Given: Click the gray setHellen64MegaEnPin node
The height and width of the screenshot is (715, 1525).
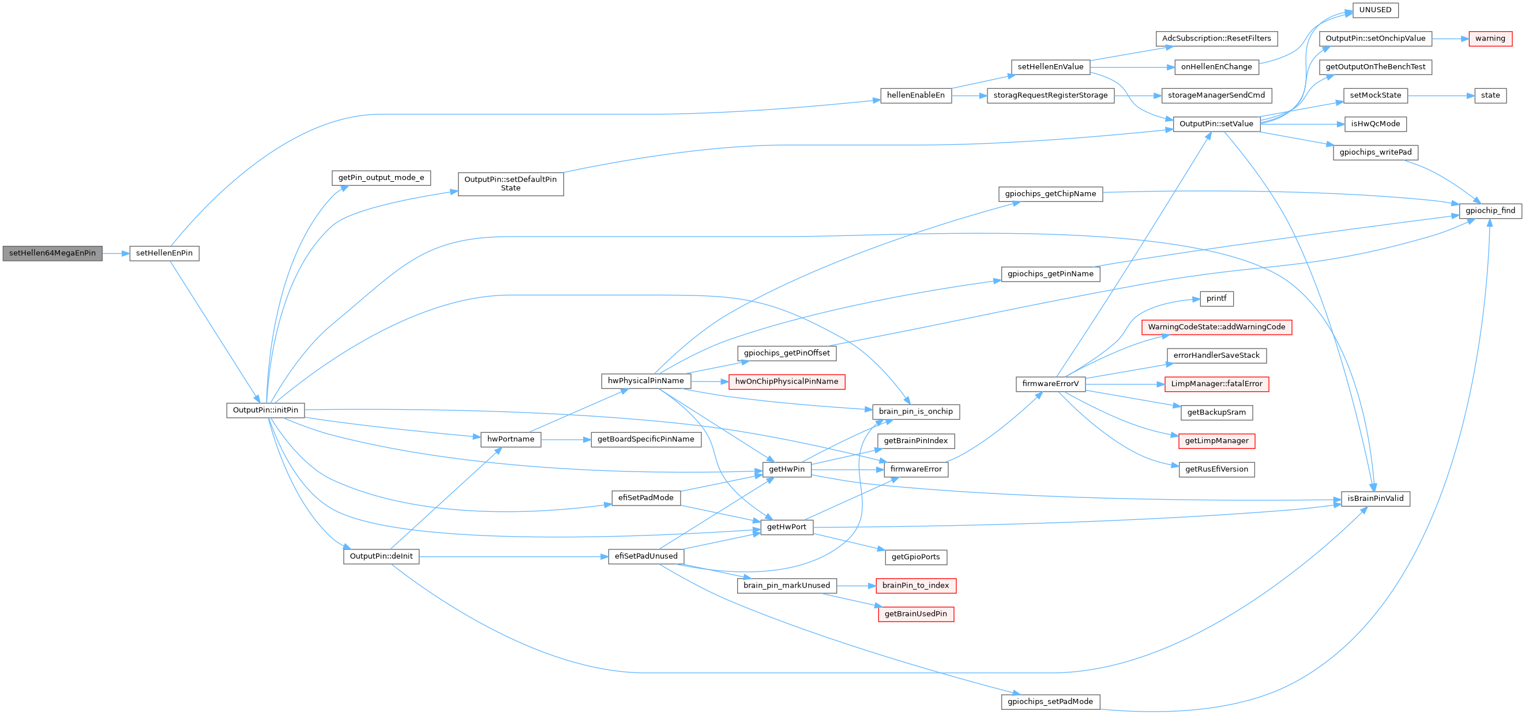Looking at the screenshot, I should click(52, 253).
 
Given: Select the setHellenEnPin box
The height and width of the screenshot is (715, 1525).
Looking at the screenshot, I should click(164, 253).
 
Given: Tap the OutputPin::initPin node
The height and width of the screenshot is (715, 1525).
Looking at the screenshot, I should click(265, 410).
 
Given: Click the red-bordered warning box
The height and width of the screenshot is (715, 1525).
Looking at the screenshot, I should click(1489, 39).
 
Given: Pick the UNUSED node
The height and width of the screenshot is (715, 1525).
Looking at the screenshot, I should click(1374, 10).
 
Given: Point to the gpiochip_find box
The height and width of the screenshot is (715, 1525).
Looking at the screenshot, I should click(1489, 211).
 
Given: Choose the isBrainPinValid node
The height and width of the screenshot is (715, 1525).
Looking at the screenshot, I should click(1374, 499).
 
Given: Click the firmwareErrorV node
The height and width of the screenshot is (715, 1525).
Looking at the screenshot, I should click(1050, 384).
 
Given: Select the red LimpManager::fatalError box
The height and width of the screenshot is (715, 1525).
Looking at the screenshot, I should click(1216, 384).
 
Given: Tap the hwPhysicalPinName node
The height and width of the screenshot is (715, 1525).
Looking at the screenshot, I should click(645, 381).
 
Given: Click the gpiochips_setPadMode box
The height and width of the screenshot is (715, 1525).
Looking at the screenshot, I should click(1050, 702).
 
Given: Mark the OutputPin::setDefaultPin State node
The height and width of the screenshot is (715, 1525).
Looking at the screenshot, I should click(510, 184).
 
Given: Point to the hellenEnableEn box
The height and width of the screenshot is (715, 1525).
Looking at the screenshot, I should click(915, 95).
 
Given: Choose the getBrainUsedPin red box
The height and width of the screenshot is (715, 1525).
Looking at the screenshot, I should click(915, 614).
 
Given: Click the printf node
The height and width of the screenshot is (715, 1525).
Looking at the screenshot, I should click(1216, 298).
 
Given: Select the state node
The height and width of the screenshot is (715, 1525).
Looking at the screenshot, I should click(1489, 95).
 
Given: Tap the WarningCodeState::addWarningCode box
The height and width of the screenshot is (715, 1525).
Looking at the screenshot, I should click(1216, 327).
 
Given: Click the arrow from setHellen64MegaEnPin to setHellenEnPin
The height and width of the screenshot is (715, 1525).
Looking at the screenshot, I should click(115, 253).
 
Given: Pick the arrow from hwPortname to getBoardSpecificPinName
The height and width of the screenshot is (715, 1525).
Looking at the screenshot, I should click(565, 440).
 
